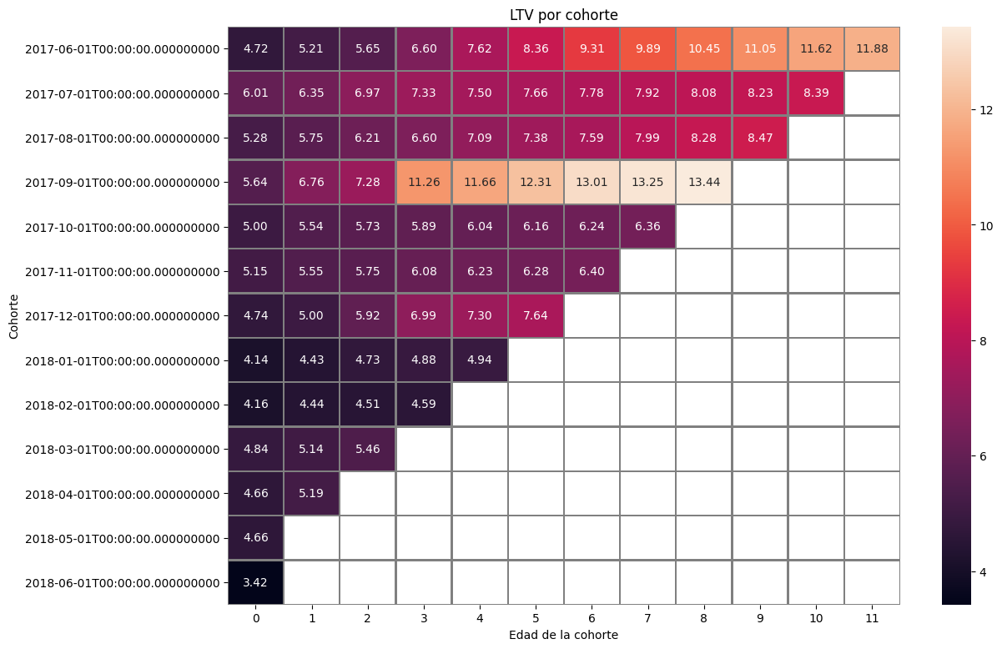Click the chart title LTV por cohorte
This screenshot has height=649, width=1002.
coord(563,15)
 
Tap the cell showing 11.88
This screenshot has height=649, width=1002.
coord(872,49)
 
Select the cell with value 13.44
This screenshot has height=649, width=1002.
coord(703,183)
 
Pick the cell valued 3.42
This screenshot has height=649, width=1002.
coord(255,582)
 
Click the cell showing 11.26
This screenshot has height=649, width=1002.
coord(424,183)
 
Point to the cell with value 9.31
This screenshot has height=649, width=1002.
coord(592,49)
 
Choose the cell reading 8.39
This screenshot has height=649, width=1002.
coord(816,93)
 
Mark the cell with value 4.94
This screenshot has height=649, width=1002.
coord(480,360)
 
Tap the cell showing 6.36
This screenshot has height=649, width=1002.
coord(647,227)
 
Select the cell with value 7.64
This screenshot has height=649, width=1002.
coord(536,316)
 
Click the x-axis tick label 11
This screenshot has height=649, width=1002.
coord(872,618)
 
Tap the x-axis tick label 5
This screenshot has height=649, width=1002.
coord(536,618)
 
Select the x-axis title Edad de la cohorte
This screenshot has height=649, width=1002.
coord(563,635)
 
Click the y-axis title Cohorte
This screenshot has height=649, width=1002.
coord(14,316)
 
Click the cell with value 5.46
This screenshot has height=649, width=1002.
coord(368,449)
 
